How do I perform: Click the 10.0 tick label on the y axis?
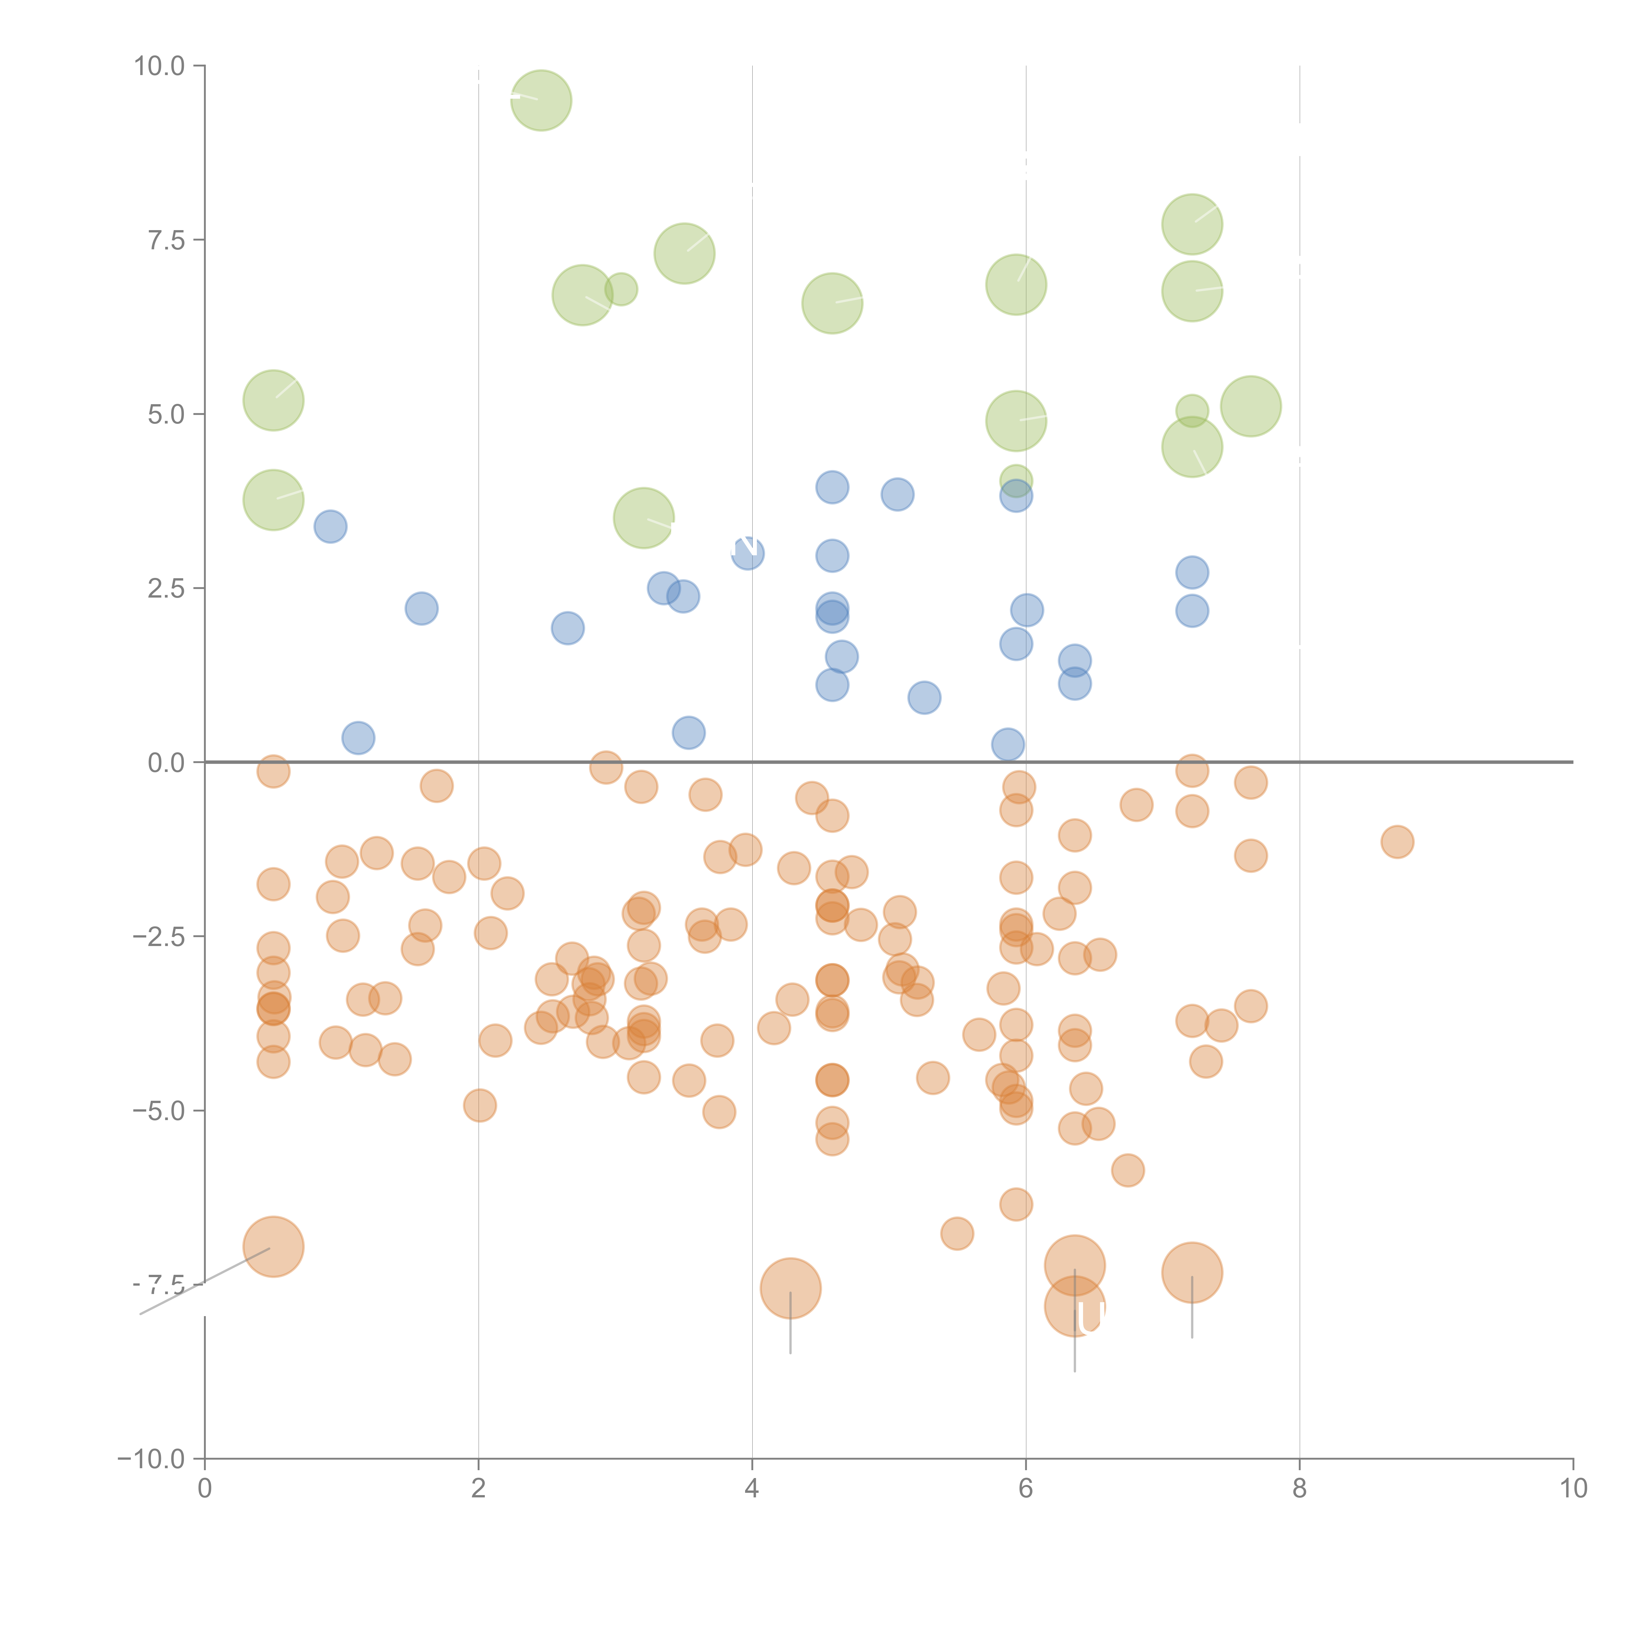(160, 66)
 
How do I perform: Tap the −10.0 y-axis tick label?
(151, 1459)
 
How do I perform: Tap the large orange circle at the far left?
(273, 1246)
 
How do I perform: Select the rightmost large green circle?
(1251, 406)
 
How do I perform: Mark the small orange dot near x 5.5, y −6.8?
(957, 1234)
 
